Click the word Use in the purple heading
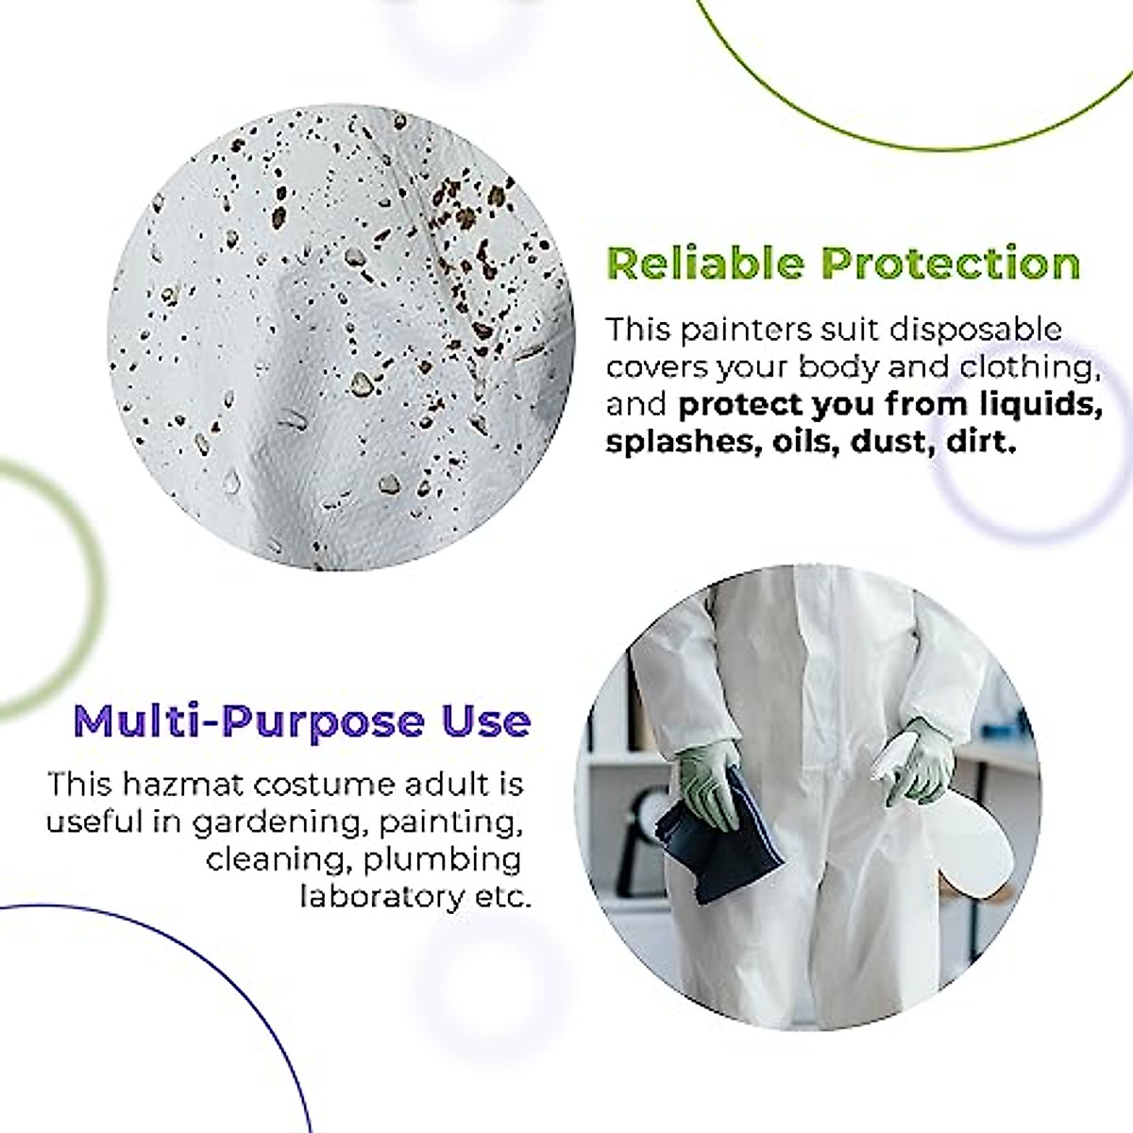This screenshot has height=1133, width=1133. point(485,722)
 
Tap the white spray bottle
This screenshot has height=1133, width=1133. point(911,831)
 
